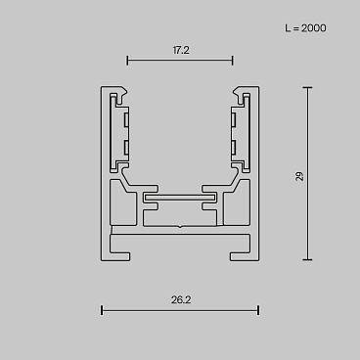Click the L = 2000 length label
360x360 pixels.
(x=305, y=28)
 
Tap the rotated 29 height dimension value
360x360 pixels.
(x=298, y=176)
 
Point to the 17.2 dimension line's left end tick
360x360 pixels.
(x=128, y=61)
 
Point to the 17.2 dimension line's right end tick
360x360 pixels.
(x=232, y=61)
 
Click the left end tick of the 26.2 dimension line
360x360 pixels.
(x=102, y=311)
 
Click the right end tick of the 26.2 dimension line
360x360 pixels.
(x=258, y=311)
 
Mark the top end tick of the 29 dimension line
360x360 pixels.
(x=307, y=87)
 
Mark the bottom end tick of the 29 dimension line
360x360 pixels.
(x=307, y=260)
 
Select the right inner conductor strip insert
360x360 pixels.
(x=236, y=133)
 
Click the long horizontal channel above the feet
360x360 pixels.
(x=180, y=237)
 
